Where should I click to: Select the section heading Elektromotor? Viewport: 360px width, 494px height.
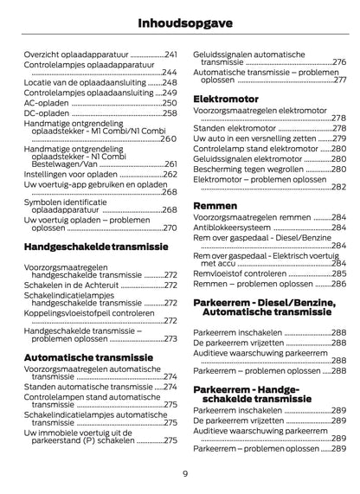click(x=226, y=98)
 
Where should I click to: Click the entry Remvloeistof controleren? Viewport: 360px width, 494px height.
click(x=243, y=273)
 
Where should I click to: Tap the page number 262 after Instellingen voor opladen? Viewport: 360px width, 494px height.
click(x=170, y=174)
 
